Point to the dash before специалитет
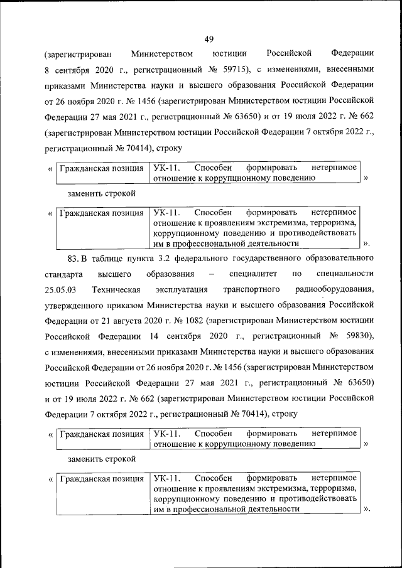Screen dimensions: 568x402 [x=211, y=274]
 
